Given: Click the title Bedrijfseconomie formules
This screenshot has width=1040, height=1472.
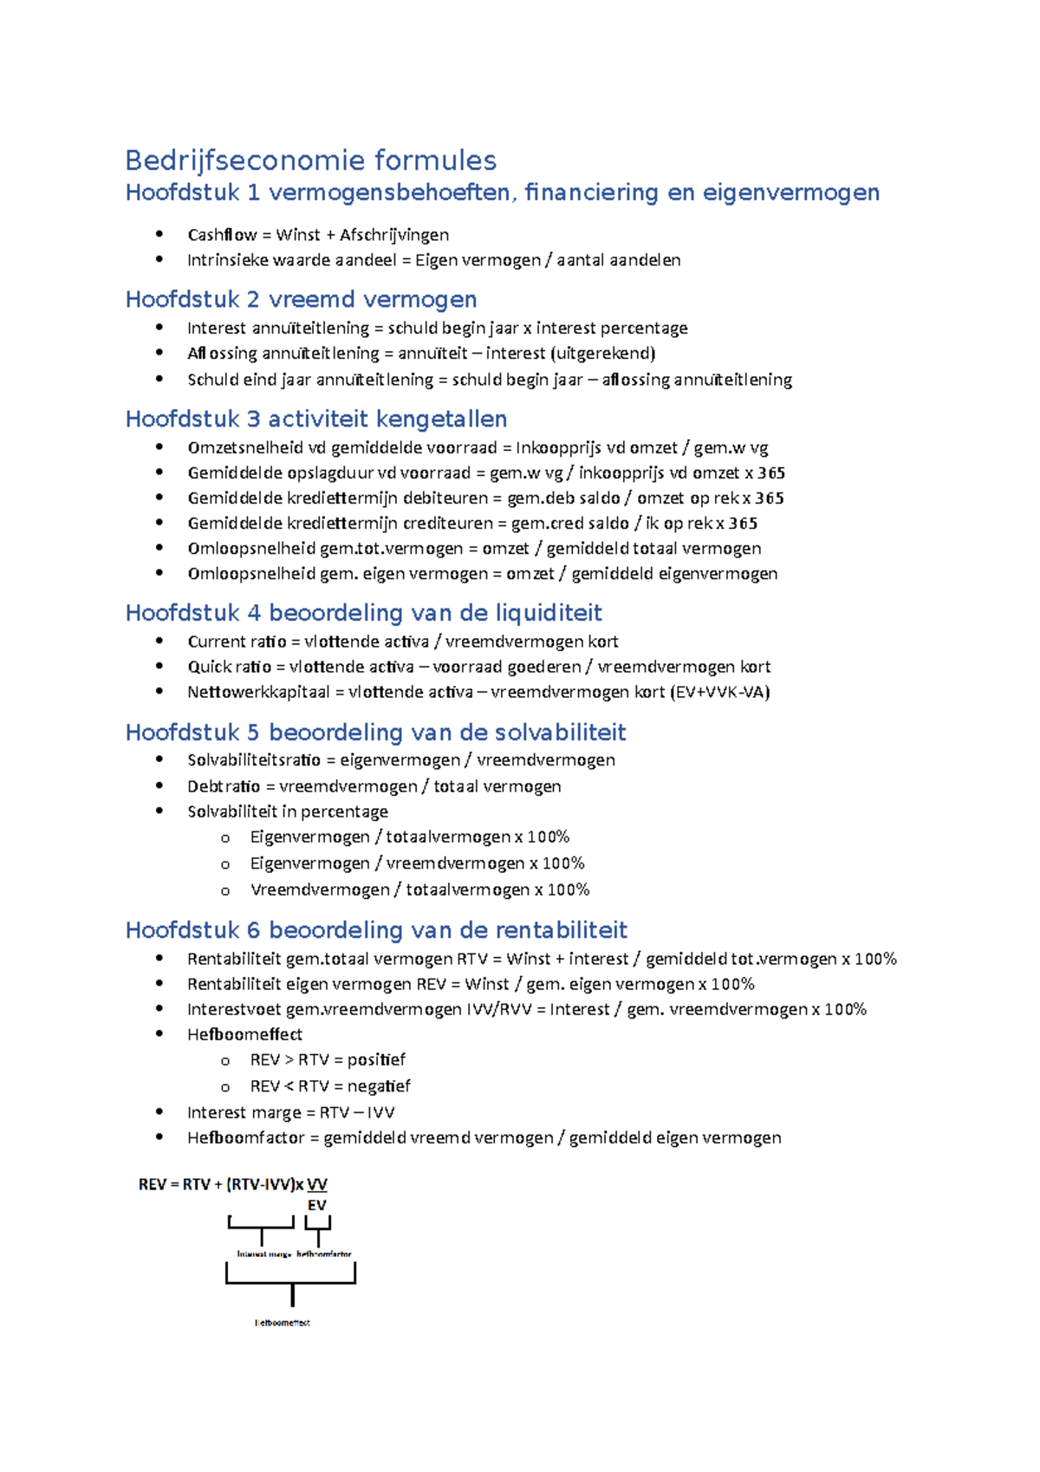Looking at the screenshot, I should (x=310, y=160).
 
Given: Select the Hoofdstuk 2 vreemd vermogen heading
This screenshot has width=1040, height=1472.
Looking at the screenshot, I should (x=301, y=299).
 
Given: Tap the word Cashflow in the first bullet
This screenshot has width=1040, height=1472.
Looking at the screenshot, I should (x=222, y=235).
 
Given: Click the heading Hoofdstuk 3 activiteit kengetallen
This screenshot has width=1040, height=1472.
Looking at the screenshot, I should (x=316, y=419).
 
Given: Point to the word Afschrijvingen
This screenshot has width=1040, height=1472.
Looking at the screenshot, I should (x=394, y=235).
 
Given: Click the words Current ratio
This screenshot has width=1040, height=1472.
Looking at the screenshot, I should (x=237, y=642).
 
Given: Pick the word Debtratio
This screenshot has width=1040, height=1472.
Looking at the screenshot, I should (x=224, y=786).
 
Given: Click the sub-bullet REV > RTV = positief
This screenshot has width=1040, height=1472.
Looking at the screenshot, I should (x=328, y=1059).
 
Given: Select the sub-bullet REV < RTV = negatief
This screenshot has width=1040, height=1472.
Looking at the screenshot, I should (x=330, y=1086).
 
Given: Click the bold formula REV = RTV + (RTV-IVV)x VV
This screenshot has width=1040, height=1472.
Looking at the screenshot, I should (x=232, y=1184).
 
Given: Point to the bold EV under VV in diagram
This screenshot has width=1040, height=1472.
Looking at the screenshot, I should (x=316, y=1205).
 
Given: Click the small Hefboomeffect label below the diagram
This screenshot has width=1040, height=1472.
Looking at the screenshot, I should (x=282, y=1323).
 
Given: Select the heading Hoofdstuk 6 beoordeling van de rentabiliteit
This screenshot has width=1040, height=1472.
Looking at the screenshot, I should (x=376, y=930).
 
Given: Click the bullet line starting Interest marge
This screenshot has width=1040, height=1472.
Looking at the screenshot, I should (x=290, y=1112).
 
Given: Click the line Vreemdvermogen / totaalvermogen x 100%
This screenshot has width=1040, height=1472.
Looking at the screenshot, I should (x=419, y=889).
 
